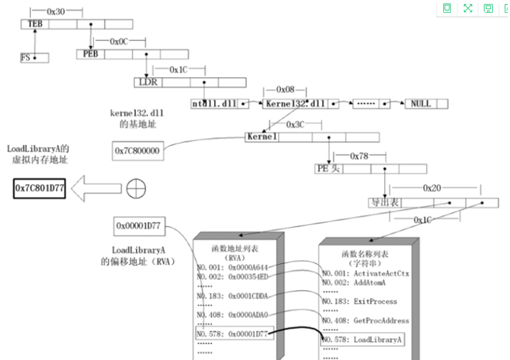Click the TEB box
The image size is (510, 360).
click(34, 23)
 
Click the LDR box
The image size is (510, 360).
click(147, 82)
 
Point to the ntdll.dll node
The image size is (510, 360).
click(213, 104)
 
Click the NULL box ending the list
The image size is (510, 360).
click(420, 104)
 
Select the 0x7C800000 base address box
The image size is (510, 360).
click(137, 150)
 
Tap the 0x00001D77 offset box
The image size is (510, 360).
click(137, 226)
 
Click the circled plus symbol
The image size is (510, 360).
click(136, 189)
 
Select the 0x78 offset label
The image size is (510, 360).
click(363, 155)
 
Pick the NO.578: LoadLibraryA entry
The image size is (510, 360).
click(363, 339)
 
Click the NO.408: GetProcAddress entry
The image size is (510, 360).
click(366, 320)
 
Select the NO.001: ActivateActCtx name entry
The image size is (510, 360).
click(366, 273)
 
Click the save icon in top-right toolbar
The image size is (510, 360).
click(489, 9)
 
